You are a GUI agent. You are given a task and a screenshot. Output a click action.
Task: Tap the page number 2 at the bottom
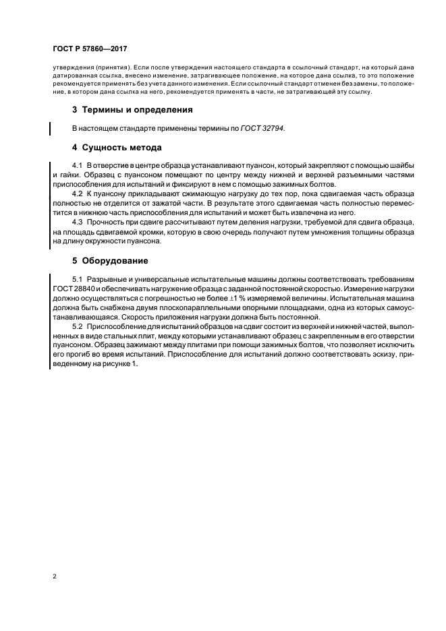(x=54, y=576)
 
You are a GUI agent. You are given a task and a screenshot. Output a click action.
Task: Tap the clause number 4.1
(x=77, y=166)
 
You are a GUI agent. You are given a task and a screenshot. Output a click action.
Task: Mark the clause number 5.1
(x=77, y=279)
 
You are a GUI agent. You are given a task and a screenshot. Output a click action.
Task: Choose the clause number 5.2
(x=77, y=326)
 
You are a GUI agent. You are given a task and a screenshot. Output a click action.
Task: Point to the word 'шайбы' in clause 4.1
(x=401, y=166)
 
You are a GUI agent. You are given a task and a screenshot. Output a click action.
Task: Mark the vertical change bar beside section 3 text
(x=50, y=127)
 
